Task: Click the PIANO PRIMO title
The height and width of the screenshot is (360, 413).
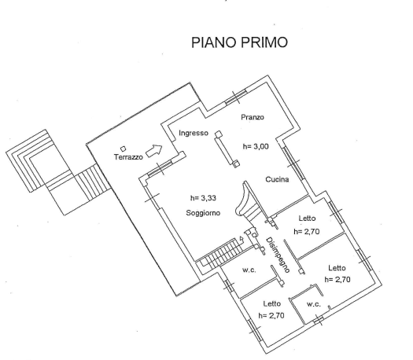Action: click(x=239, y=42)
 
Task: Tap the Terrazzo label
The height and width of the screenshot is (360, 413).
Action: click(x=128, y=157)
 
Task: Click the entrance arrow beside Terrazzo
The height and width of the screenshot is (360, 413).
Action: click(x=154, y=151)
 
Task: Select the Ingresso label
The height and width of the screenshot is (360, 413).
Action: click(x=194, y=133)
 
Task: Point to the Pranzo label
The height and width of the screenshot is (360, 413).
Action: click(x=253, y=117)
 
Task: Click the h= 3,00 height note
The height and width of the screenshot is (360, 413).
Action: click(x=256, y=146)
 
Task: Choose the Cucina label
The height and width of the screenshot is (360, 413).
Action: click(x=277, y=179)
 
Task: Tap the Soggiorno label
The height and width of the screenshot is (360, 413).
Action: click(x=203, y=213)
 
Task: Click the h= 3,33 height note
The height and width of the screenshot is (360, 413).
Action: click(x=203, y=198)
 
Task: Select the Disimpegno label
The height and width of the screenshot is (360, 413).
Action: click(x=278, y=255)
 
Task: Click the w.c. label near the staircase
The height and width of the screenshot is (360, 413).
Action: click(x=249, y=270)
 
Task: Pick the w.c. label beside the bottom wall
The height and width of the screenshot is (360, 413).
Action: click(x=314, y=304)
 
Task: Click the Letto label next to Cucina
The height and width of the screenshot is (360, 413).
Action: click(x=307, y=219)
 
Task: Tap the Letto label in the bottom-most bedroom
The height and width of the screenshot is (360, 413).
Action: click(x=272, y=303)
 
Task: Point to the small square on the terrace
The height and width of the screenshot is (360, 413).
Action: click(x=123, y=149)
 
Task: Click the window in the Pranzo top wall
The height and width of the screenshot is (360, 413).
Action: click(x=236, y=97)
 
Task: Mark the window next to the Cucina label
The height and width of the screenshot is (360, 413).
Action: click(x=293, y=163)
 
